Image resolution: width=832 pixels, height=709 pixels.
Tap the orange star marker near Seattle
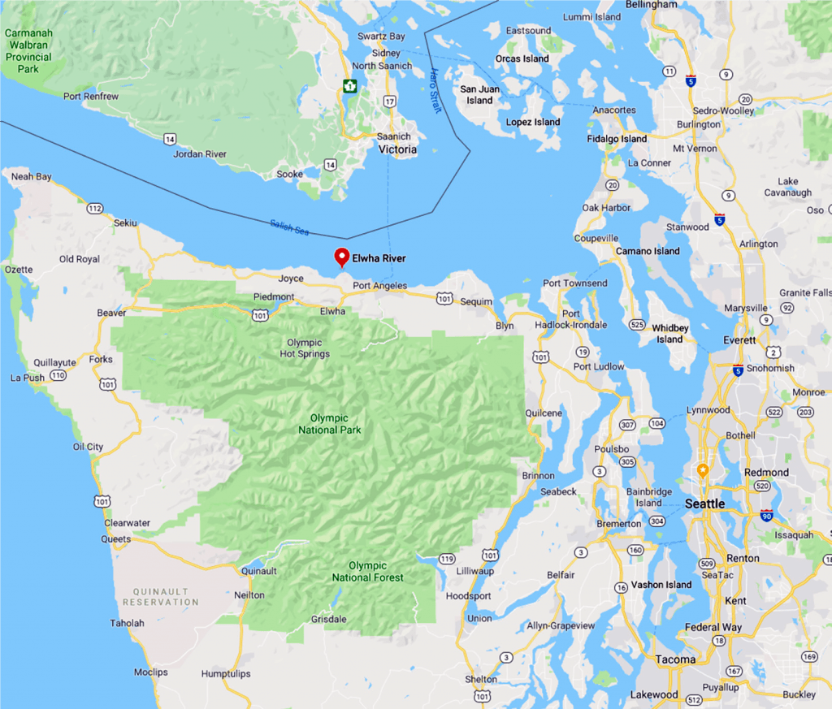(703, 470)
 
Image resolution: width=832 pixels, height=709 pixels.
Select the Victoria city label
(398, 149)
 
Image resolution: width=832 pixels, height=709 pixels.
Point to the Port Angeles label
(379, 286)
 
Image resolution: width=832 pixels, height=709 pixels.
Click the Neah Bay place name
(32, 176)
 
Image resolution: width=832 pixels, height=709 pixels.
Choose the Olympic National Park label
(330, 424)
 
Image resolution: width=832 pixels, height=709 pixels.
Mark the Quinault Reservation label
(160, 597)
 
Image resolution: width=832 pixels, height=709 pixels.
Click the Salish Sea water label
(290, 228)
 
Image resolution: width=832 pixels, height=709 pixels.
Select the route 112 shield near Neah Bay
(94, 209)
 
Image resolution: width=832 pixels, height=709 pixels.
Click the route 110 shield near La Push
(57, 375)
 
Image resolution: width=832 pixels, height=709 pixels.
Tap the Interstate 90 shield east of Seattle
(766, 516)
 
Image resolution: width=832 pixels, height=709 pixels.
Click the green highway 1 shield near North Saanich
(349, 86)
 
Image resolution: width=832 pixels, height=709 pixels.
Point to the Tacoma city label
(676, 659)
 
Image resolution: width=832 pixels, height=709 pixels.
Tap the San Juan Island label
(479, 95)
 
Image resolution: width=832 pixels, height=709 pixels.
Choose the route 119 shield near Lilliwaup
(447, 559)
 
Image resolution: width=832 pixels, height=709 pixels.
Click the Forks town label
(101, 359)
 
